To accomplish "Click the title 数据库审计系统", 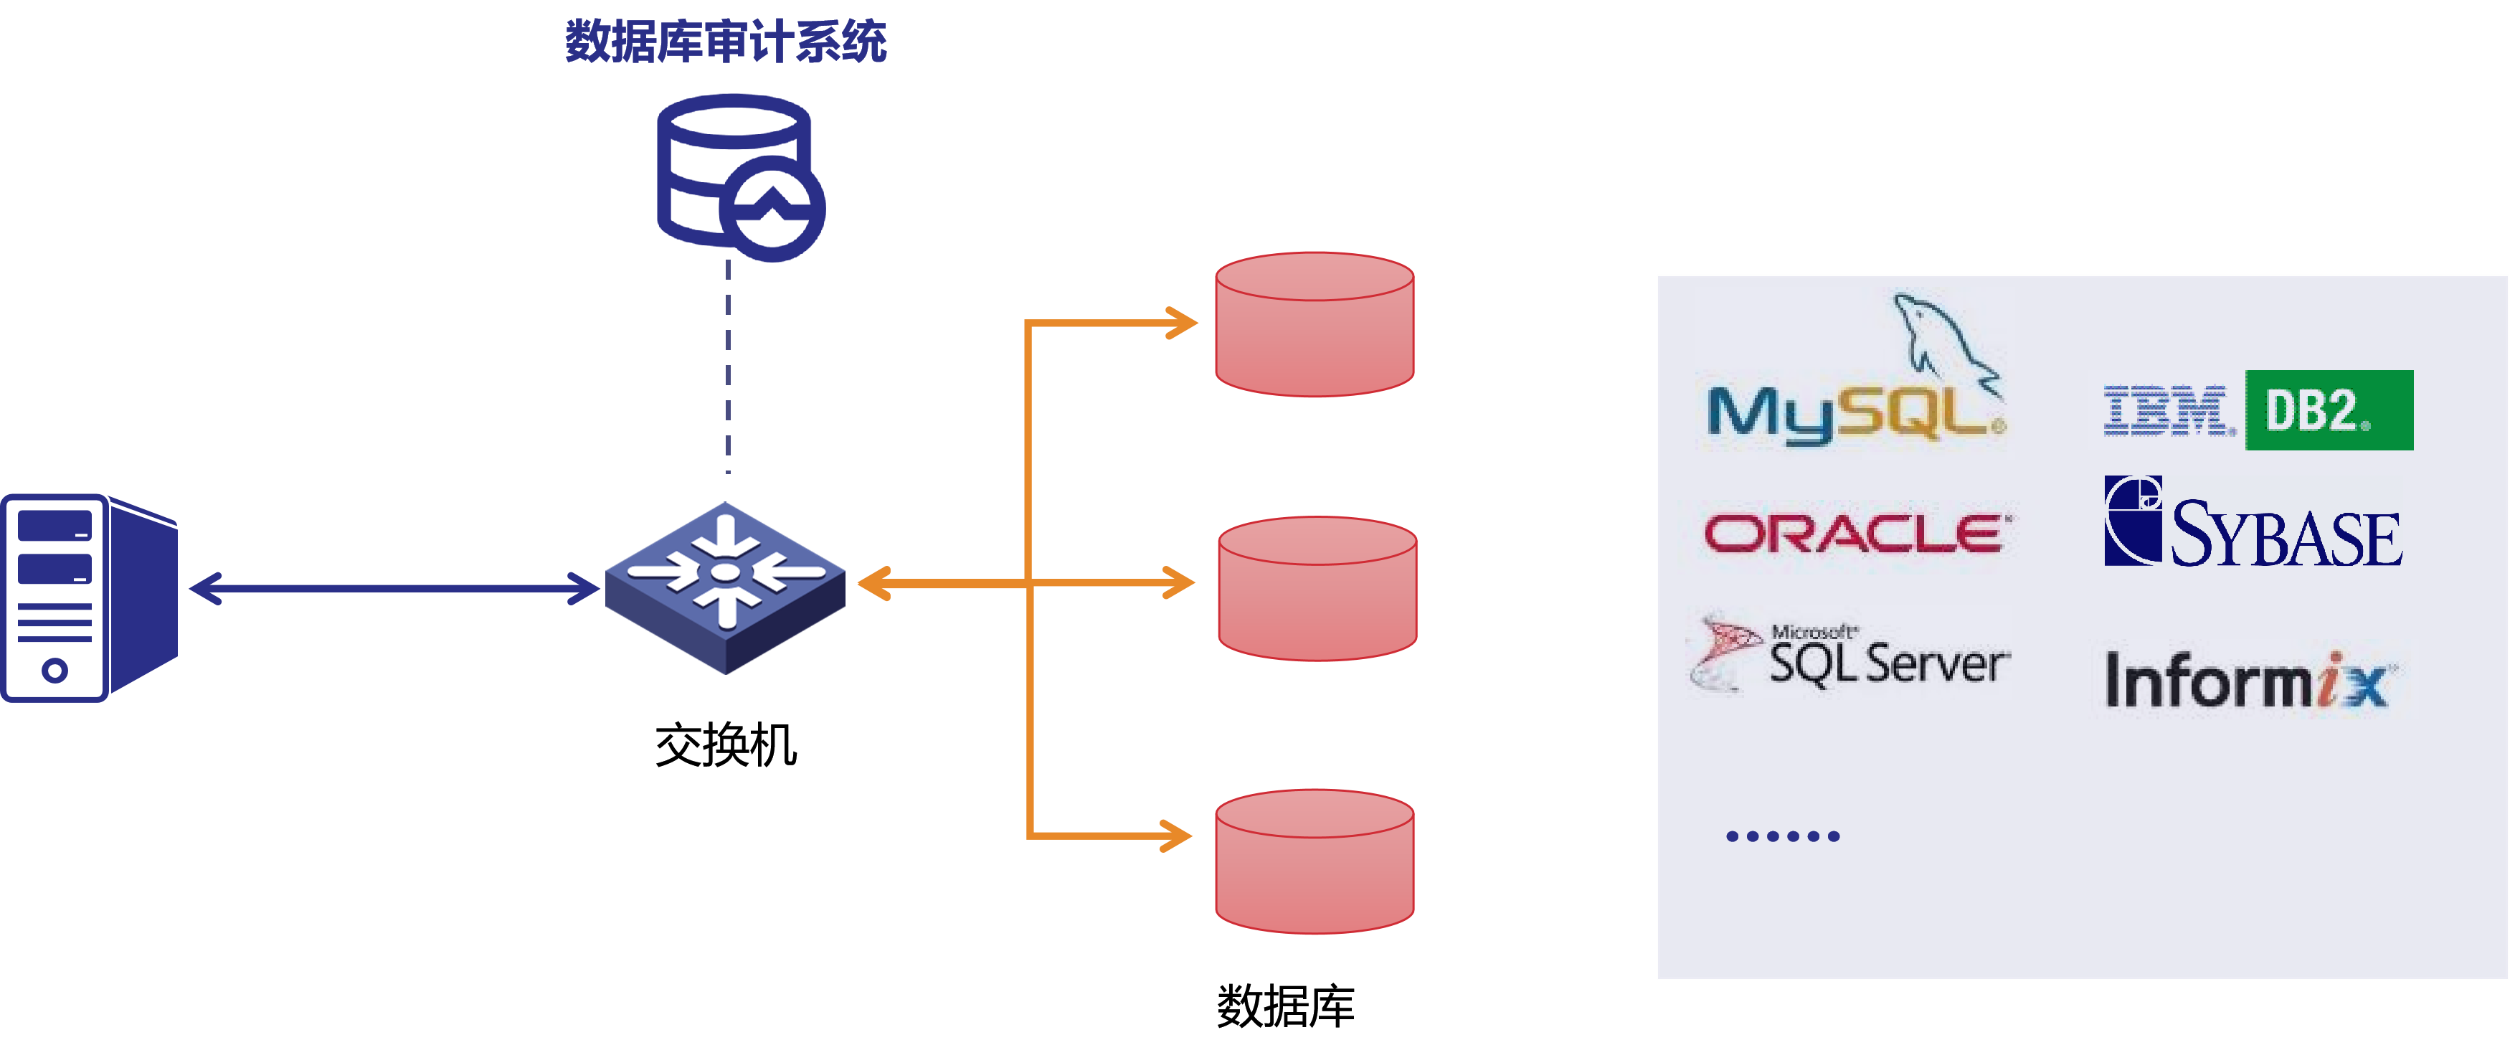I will click(726, 42).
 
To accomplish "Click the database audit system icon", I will click(739, 176).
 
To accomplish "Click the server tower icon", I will click(90, 597).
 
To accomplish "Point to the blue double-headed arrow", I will click(394, 588).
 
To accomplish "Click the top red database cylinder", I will click(1315, 325).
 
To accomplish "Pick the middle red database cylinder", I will click(1317, 589).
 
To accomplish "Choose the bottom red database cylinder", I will click(1315, 861).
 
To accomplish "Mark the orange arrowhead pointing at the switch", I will click(874, 584).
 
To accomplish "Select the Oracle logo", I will click(1857, 536).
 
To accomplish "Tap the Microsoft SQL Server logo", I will click(1847, 652).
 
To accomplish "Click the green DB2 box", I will click(2328, 410).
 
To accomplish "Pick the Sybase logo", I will click(2253, 521).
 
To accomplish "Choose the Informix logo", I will click(2252, 679).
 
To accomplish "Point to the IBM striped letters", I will click(2165, 410).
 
